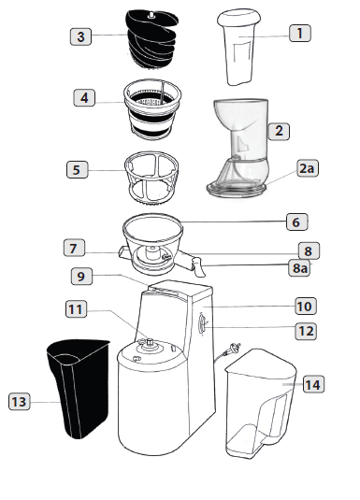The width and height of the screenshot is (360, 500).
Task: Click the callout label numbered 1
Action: point(299,33)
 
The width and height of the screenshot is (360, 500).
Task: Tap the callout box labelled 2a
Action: point(307,168)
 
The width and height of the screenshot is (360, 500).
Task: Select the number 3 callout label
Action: point(80,36)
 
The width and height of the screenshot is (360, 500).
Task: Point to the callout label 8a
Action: point(299,268)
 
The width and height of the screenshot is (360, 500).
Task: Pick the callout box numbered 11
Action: point(76,308)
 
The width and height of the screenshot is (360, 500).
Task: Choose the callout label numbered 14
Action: point(313,384)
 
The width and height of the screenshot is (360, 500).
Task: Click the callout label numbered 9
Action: point(81,276)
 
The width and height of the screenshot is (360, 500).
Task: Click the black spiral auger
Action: point(152,39)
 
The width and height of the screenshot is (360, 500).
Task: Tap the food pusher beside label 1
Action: point(238,47)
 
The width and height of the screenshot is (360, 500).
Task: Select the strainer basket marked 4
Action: point(152,109)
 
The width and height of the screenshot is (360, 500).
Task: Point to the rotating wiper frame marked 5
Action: point(151,178)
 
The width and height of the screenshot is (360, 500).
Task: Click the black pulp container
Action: point(79,388)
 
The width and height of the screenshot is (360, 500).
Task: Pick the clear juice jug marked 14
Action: point(260,404)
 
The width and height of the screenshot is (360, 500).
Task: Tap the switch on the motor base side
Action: point(202,323)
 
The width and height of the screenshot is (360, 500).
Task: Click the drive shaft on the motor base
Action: point(149,344)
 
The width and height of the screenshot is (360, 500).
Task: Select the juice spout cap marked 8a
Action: point(198,268)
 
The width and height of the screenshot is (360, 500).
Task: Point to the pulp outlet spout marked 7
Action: point(123,252)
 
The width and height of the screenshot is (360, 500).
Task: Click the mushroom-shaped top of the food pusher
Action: point(238,18)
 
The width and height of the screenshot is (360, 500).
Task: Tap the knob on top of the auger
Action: point(151,15)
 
